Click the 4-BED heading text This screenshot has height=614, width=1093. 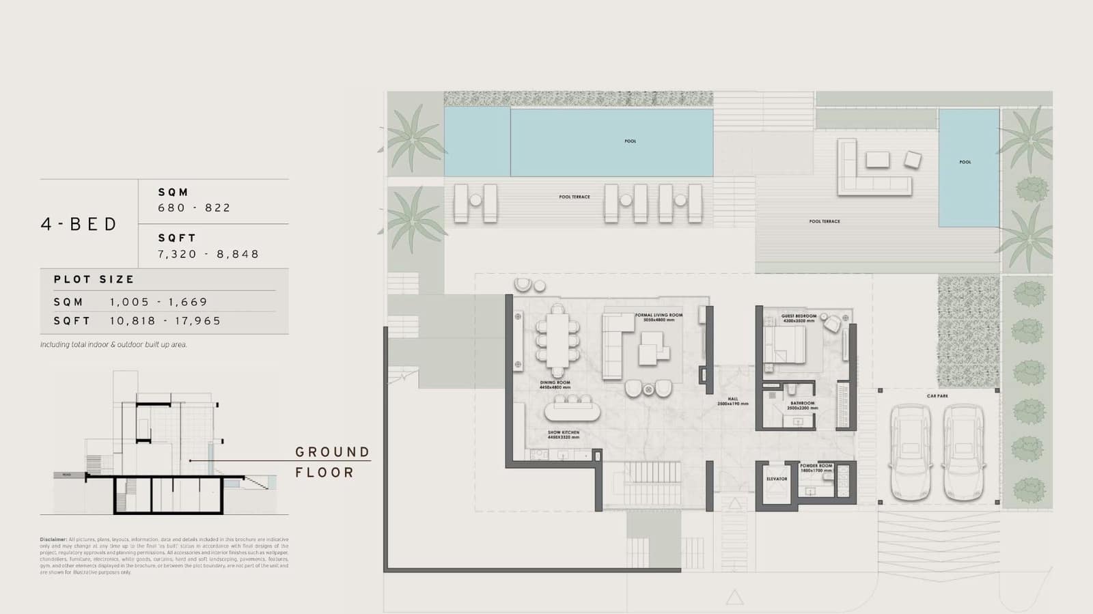click(x=79, y=224)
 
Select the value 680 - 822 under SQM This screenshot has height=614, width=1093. click(x=194, y=208)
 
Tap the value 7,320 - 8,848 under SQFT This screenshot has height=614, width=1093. click(x=208, y=254)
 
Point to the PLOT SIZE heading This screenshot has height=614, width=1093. click(x=94, y=279)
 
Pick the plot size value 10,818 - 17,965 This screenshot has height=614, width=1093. click(x=165, y=321)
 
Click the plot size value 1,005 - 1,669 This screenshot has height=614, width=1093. click(x=158, y=302)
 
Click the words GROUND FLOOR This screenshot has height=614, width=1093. click(x=332, y=462)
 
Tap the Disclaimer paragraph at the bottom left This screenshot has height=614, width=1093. click(x=164, y=556)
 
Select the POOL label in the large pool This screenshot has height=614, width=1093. click(x=630, y=141)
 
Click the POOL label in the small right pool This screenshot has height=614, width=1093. click(x=965, y=163)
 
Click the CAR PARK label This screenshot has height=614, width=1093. click(x=937, y=396)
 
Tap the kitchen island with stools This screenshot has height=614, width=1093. click(x=572, y=410)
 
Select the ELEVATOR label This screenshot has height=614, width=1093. click(x=777, y=479)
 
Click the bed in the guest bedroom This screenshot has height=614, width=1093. click(x=786, y=344)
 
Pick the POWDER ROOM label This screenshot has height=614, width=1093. click(x=816, y=467)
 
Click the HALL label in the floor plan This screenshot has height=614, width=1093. click(x=732, y=401)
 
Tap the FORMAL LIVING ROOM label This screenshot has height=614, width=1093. click(x=659, y=317)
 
